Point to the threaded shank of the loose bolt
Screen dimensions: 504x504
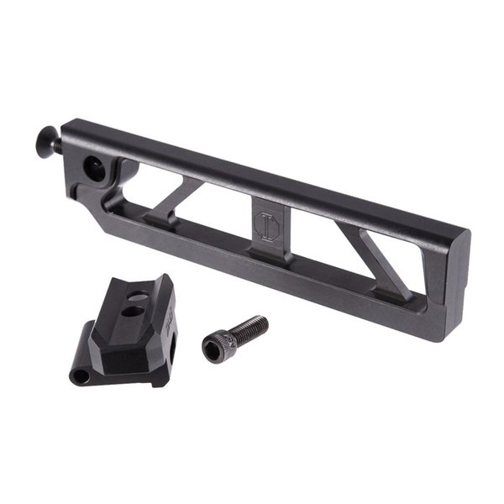coord(249,327)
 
